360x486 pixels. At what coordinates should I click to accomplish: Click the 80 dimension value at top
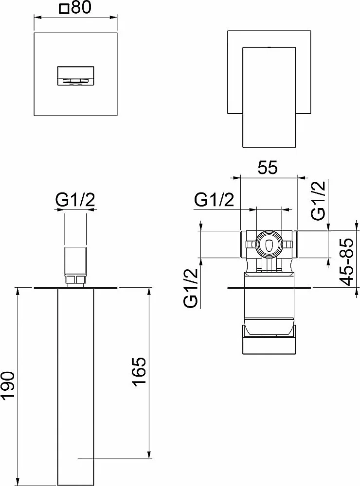point(81,8)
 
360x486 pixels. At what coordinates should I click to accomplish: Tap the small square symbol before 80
point(65,9)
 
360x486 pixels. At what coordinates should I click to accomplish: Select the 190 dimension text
point(8,386)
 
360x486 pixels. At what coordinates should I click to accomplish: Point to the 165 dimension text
point(139,372)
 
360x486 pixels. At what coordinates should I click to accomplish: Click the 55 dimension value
point(268,168)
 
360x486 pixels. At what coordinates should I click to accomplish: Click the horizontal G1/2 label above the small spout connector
point(75,201)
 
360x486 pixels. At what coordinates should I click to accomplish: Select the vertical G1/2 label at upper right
point(319,200)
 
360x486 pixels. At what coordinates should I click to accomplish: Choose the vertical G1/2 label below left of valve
point(191,288)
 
